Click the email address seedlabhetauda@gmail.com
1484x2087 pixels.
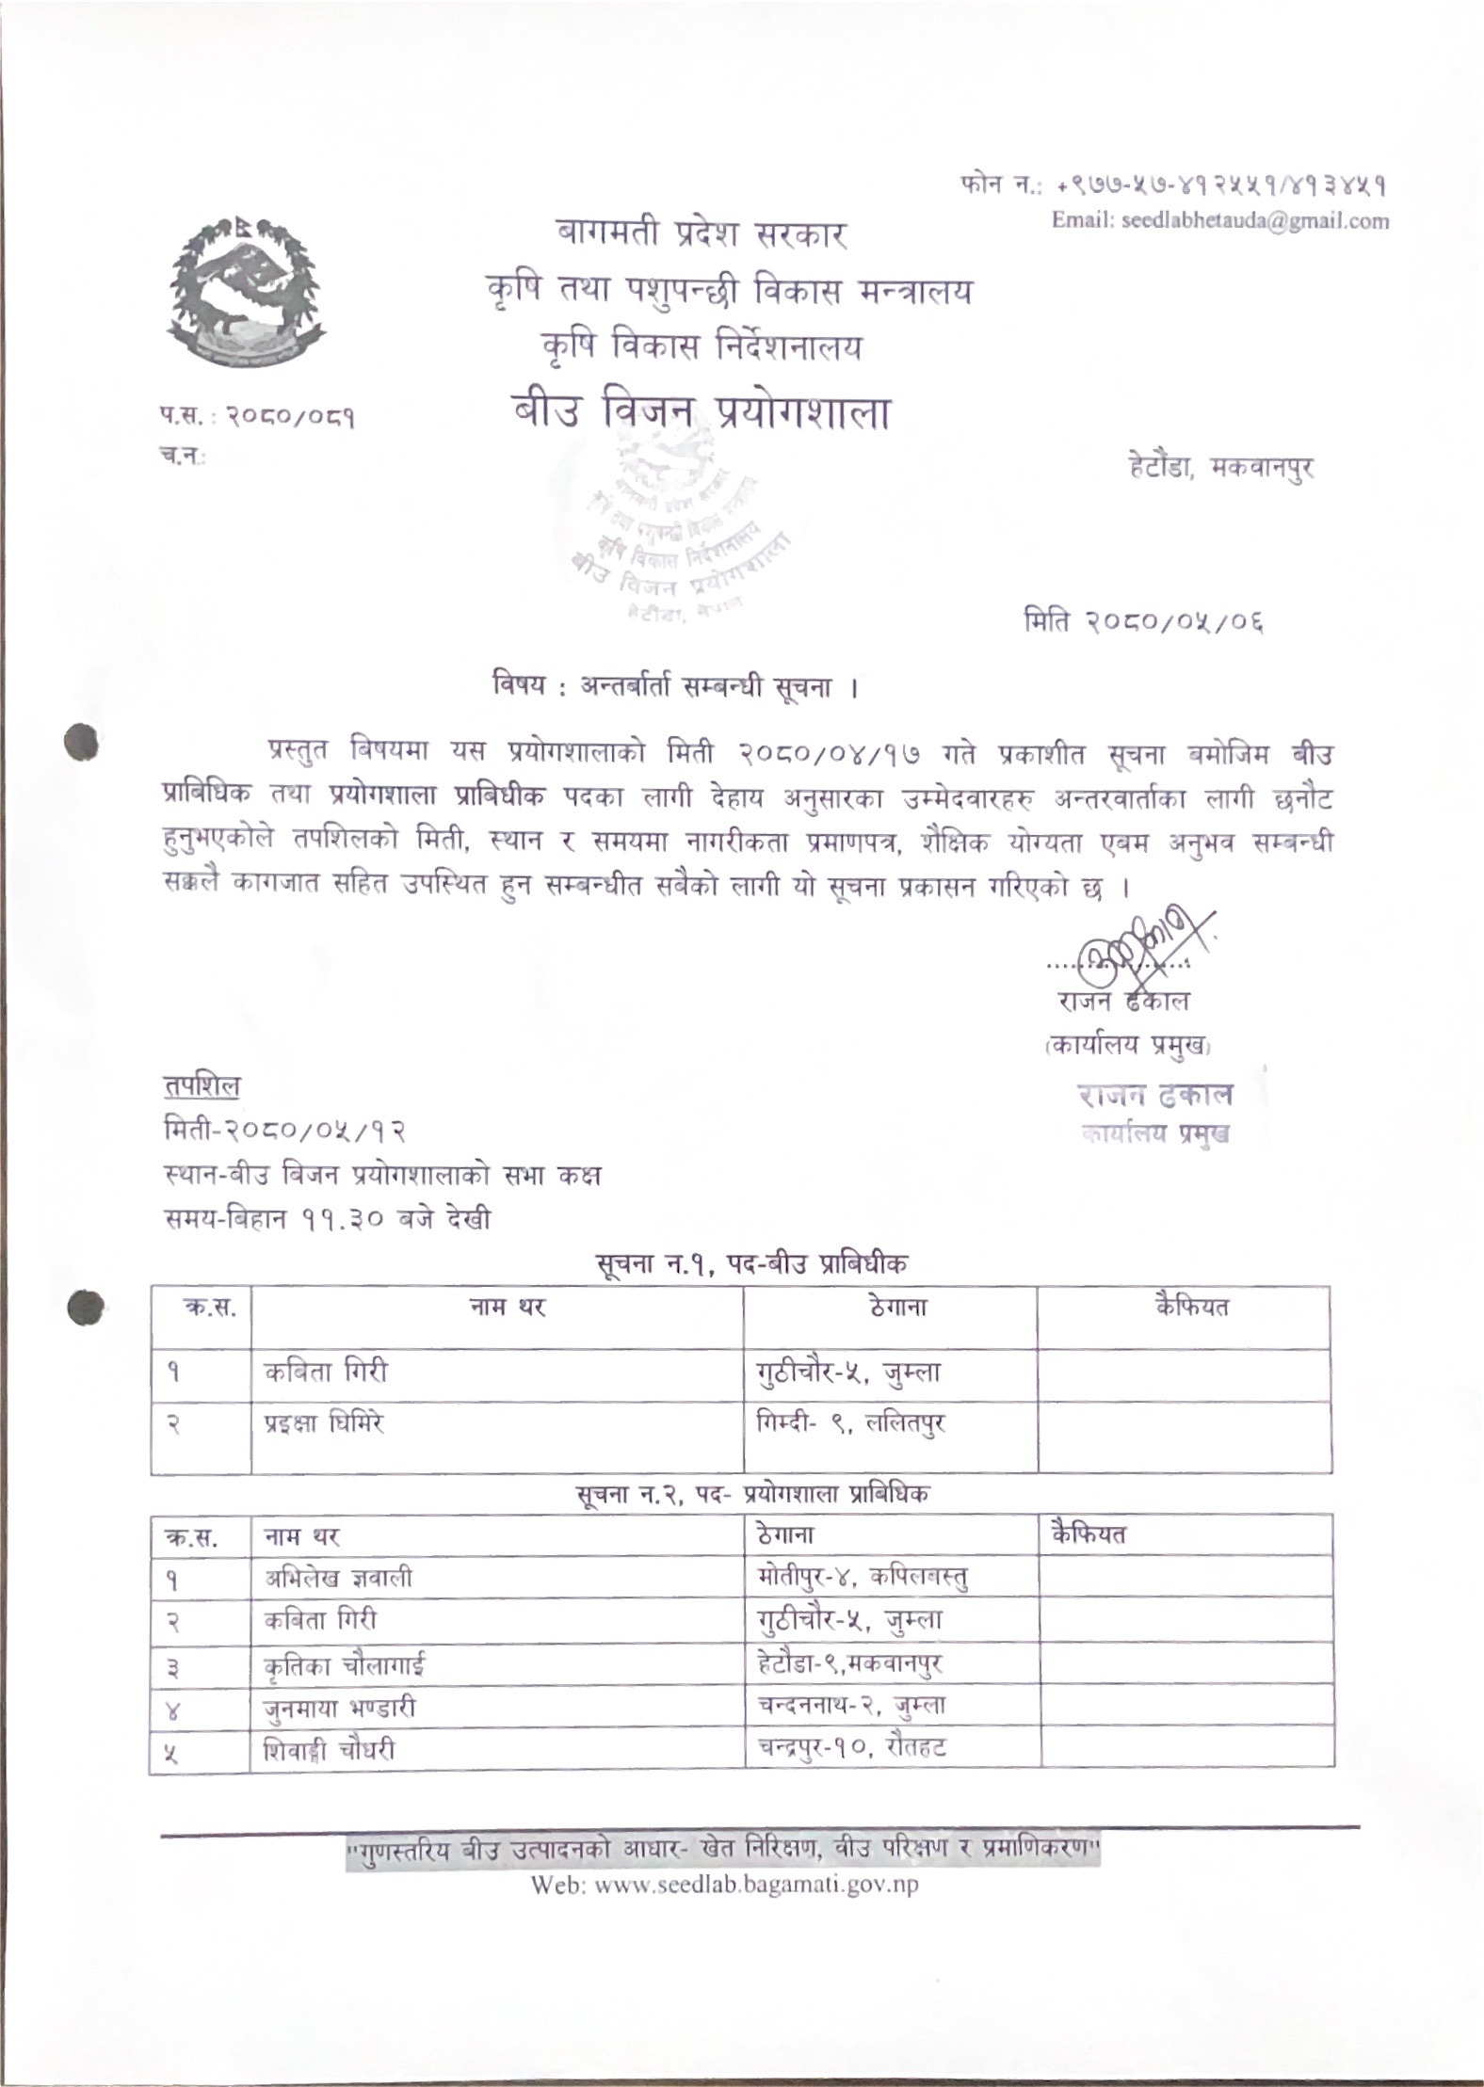tap(1220, 221)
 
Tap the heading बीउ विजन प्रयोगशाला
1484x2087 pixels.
tap(701, 413)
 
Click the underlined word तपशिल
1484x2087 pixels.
tap(201, 1086)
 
